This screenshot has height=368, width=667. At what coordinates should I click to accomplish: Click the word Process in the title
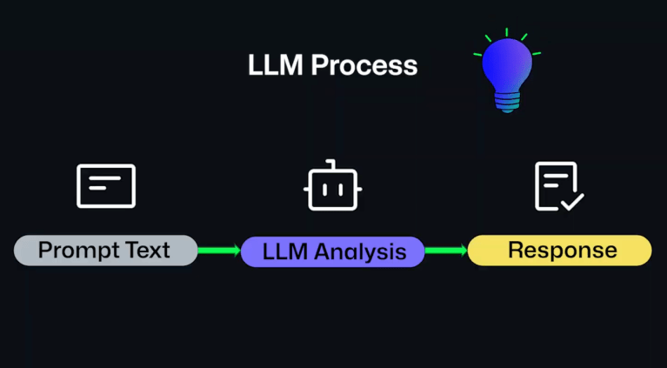click(x=364, y=65)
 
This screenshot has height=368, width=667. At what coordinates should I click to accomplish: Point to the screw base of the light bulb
click(x=507, y=103)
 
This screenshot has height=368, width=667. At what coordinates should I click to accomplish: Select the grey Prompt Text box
click(x=105, y=251)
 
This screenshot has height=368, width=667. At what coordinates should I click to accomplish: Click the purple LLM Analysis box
click(x=333, y=251)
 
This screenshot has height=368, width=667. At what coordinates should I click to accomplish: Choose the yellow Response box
click(x=560, y=251)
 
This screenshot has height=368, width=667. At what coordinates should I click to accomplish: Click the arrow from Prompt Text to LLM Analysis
click(x=219, y=251)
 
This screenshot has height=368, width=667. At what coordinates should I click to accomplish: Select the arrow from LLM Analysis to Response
click(x=446, y=251)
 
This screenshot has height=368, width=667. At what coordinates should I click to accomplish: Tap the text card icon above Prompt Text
click(x=106, y=185)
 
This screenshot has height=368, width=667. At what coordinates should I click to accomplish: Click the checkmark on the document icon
click(x=572, y=202)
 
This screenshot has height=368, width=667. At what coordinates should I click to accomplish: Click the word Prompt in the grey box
click(x=78, y=251)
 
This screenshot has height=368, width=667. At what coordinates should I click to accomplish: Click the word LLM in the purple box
click(x=282, y=252)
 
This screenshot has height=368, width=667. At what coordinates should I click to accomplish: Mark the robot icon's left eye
click(x=323, y=186)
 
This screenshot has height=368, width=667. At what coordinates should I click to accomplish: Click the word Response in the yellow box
click(x=563, y=251)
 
